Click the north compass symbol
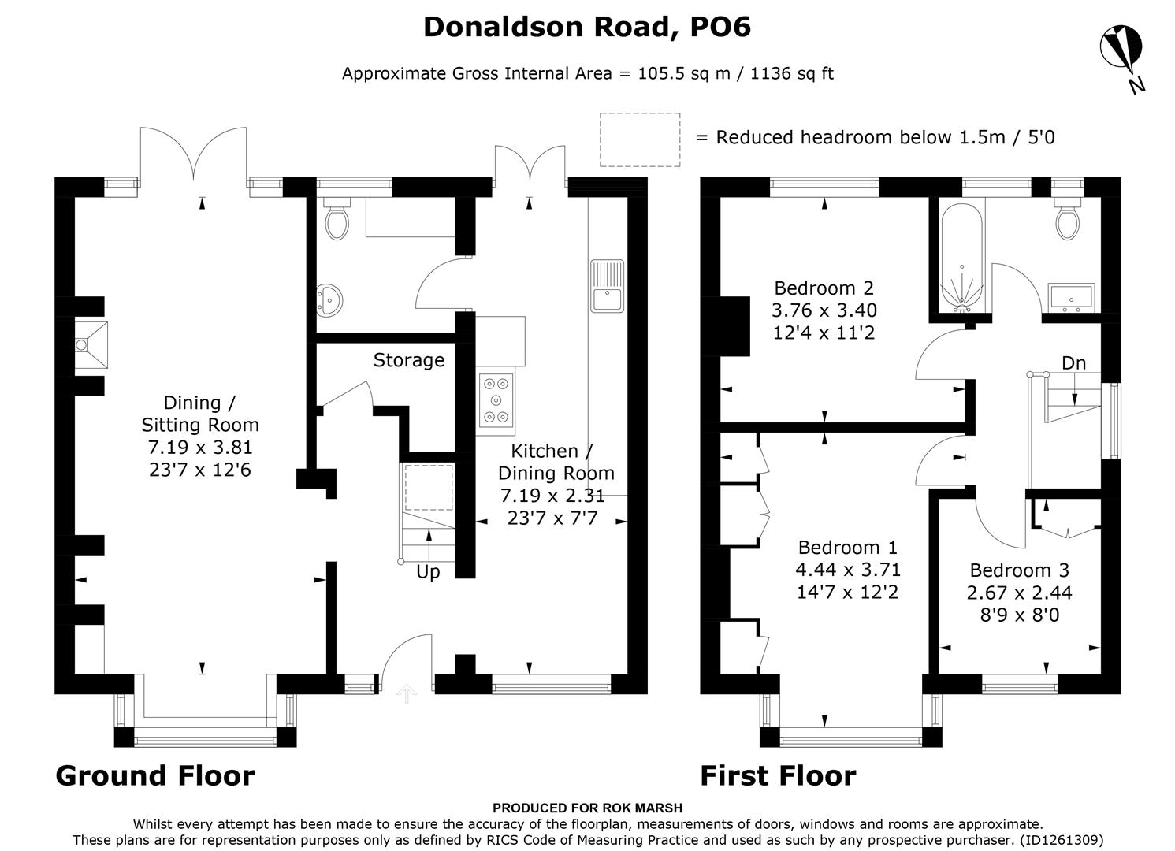pos(1122,52)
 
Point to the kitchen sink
pos(606,285)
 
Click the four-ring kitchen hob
pos(496,400)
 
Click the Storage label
pos(408,360)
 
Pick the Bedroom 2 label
pos(824,288)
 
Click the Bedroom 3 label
pos(1020,570)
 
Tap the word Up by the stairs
pos(428,572)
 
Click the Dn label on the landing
pos(1073,363)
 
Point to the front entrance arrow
pos(407,694)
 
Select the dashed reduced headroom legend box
pos(640,139)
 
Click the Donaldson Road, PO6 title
pos(587,27)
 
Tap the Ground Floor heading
pos(155,776)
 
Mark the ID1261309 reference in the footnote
pos(1061,840)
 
